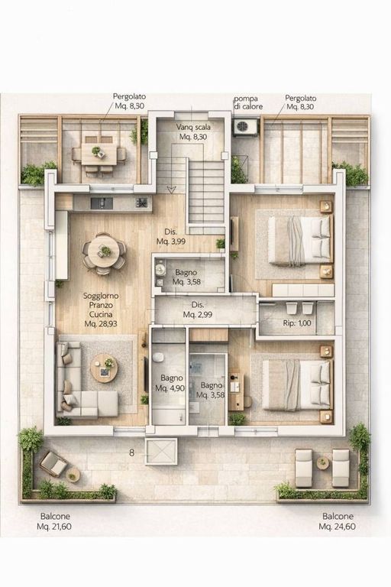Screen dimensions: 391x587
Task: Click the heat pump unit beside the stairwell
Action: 245,127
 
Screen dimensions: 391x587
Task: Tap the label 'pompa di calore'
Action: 248,102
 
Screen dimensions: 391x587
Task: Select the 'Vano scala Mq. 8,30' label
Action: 193,131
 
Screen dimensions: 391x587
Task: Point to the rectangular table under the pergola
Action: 99,154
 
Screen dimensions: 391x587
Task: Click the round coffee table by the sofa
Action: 104,368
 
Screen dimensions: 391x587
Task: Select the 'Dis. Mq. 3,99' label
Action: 170,237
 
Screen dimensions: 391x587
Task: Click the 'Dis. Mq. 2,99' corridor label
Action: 198,310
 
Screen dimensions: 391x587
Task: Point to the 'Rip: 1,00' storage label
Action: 297,323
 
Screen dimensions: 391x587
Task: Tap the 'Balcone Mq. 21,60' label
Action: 54,521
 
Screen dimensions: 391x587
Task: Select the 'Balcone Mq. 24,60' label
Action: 338,521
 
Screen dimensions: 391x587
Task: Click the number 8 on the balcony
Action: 131,452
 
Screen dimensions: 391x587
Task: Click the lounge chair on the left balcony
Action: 53,463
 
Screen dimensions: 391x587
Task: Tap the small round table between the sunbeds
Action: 322,463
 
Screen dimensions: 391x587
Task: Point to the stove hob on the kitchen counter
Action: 141,203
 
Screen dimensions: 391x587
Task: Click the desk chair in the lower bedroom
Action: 247,402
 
